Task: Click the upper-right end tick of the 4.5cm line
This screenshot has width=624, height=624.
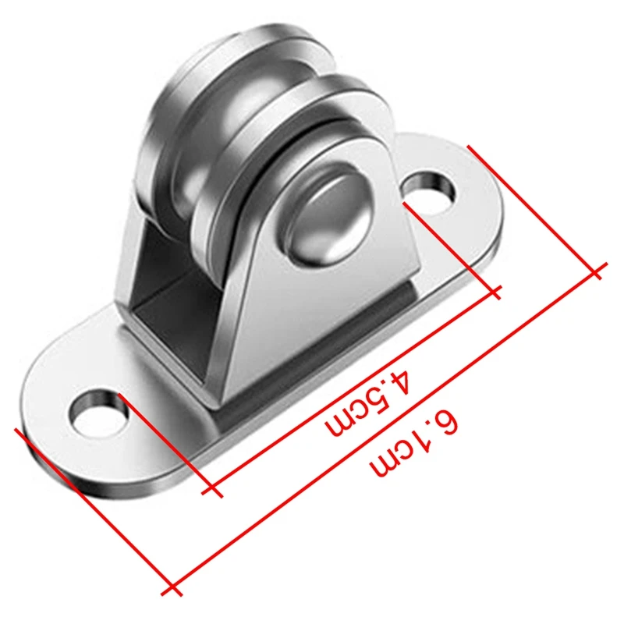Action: point(495,293)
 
